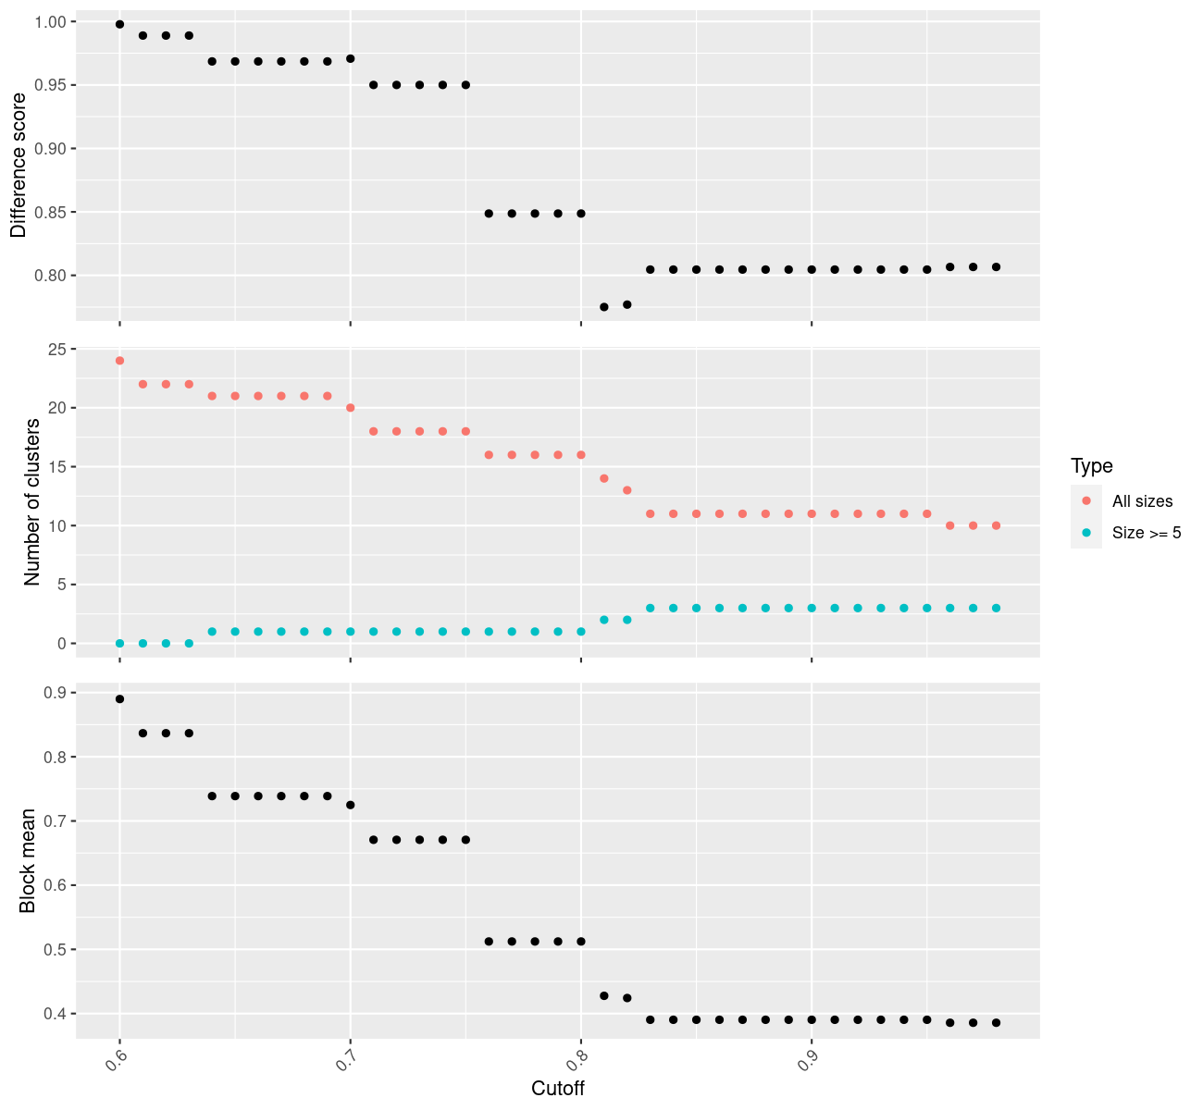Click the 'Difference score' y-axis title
[x=19, y=166]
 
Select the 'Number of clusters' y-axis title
[x=32, y=501]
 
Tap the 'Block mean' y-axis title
[x=29, y=860]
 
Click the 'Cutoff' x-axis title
[x=558, y=1088]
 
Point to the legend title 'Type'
[x=1091, y=465]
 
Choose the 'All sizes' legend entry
[x=1142, y=501]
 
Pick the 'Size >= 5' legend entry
[x=1147, y=533]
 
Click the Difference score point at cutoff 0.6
[x=119, y=24]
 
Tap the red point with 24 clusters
[x=119, y=361]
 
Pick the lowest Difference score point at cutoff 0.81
[x=604, y=307]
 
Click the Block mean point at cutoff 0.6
[x=119, y=699]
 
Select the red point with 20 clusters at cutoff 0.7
[x=350, y=408]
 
